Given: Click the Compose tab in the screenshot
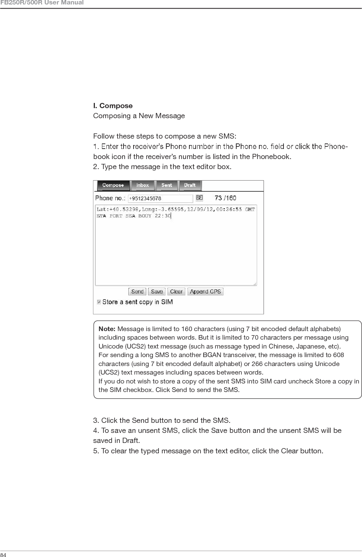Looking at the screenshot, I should tap(113, 185).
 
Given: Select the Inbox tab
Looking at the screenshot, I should tap(142, 185).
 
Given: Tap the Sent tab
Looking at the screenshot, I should tap(167, 185).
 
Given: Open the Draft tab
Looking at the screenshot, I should tap(190, 185).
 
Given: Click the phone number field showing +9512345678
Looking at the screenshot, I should tap(160, 198).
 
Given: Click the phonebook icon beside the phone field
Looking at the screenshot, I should tap(199, 198).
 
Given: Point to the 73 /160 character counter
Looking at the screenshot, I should tap(225, 198).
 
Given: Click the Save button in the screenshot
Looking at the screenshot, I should tap(157, 292).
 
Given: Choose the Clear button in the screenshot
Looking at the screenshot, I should tap(176, 292).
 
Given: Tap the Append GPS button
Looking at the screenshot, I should tap(205, 292).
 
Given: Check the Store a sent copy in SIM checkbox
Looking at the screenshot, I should tap(99, 302).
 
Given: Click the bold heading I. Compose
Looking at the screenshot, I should tap(113, 106).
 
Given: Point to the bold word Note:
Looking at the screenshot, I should tap(107, 329).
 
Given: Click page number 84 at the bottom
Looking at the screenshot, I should tap(4, 555).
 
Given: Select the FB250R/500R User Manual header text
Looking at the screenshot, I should tap(42, 3).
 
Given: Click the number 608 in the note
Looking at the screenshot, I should tap(339, 355).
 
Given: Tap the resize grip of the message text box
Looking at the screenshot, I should tap(255, 284).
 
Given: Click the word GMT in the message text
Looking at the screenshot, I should tap(250, 210).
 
